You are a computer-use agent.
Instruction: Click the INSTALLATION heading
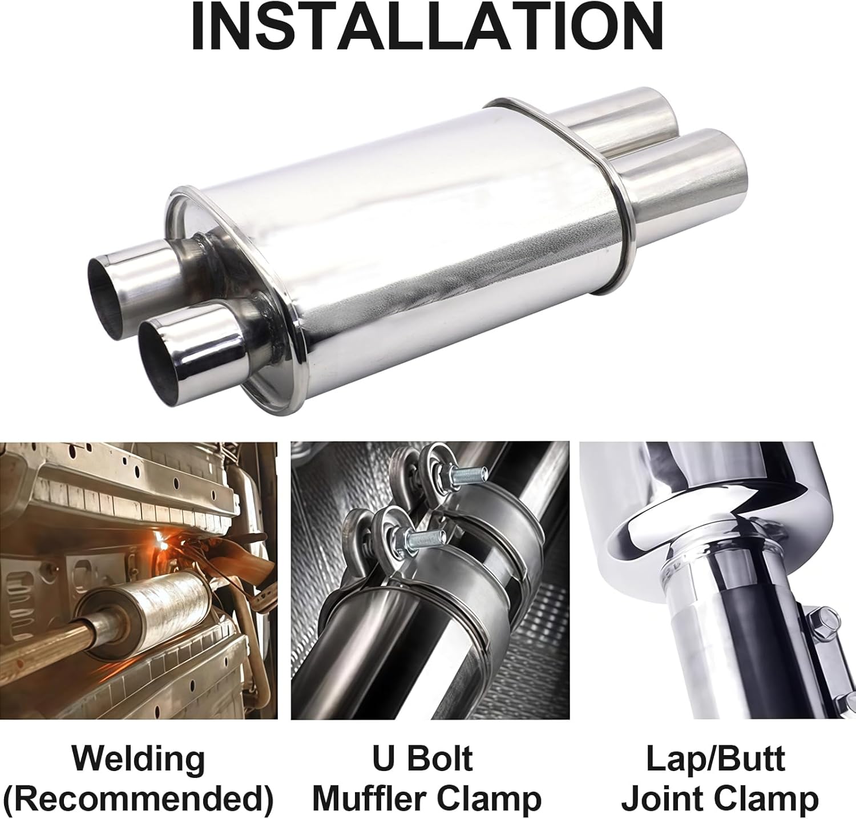(x=427, y=27)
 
